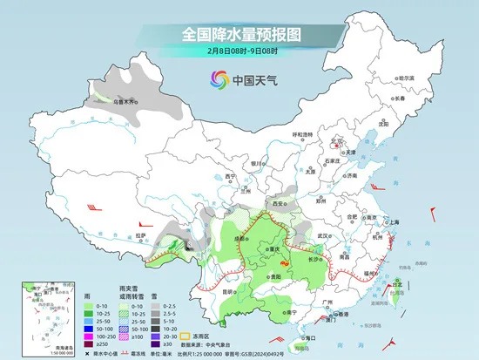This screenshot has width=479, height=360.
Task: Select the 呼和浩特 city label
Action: [301, 134]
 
